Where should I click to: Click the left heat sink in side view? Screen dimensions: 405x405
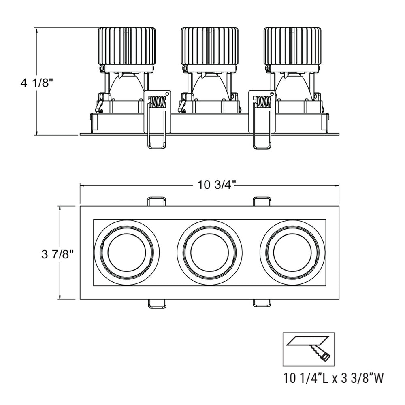pyautogui.click(x=127, y=45)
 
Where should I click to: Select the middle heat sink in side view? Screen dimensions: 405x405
pyautogui.click(x=209, y=45)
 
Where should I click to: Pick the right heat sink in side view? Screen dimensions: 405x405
pyautogui.click(x=292, y=45)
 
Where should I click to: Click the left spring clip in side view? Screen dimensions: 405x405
pyautogui.click(x=157, y=117)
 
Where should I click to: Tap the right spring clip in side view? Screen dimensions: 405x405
pyautogui.click(x=262, y=117)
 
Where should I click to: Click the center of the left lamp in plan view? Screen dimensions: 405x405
pyautogui.click(x=126, y=252)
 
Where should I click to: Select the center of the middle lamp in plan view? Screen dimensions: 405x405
pyautogui.click(x=209, y=252)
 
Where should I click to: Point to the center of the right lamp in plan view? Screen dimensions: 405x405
pyautogui.click(x=292, y=252)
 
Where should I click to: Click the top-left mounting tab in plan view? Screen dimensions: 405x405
pyautogui.click(x=157, y=201)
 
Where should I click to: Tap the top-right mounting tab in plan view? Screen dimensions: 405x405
pyautogui.click(x=262, y=201)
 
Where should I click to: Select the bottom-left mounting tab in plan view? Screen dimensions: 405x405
pyautogui.click(x=157, y=304)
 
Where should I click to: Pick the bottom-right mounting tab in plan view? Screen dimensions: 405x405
pyautogui.click(x=262, y=304)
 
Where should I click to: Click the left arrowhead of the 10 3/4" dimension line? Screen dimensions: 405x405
pyautogui.click(x=82, y=186)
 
